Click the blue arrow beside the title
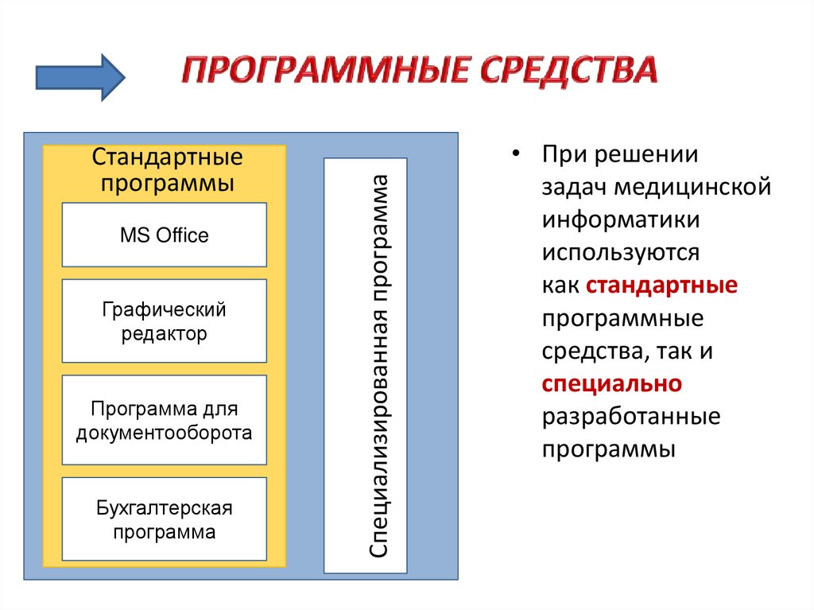coord(80,76)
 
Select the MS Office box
coord(165,235)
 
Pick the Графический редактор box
coord(165,321)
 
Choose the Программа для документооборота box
coord(165,420)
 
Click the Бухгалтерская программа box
coord(165,519)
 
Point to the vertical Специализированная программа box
coord(366,366)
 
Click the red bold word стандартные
coord(662,286)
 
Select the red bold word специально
coord(612,383)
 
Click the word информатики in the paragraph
coord(622,220)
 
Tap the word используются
coord(622,253)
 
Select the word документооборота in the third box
coord(165,433)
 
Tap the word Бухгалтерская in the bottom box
coord(165,507)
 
